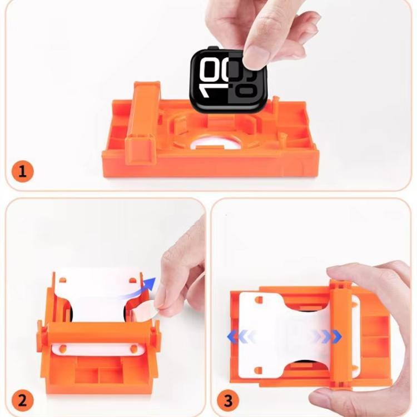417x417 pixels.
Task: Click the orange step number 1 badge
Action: tap(23, 172)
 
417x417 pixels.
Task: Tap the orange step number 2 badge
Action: tap(23, 400)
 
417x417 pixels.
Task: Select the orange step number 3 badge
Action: tap(228, 400)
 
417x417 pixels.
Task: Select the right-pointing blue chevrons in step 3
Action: tap(327, 337)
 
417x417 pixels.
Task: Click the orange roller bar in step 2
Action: tap(99, 332)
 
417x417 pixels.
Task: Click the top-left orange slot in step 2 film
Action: tap(63, 280)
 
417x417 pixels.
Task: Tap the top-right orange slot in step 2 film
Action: tap(132, 280)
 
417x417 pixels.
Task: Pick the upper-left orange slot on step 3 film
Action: tap(258, 300)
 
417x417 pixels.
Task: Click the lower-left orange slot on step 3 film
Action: tap(258, 370)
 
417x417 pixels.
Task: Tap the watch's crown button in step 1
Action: tap(213, 48)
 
